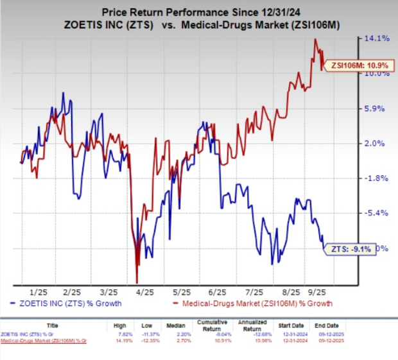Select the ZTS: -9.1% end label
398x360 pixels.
[x=349, y=248]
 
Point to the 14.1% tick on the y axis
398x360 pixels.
[x=376, y=39]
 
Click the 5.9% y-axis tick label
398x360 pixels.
[x=376, y=108]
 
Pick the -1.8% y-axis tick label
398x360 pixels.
[x=376, y=178]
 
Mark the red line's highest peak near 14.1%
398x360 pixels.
[x=315, y=39]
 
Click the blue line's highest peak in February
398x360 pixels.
[x=63, y=93]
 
